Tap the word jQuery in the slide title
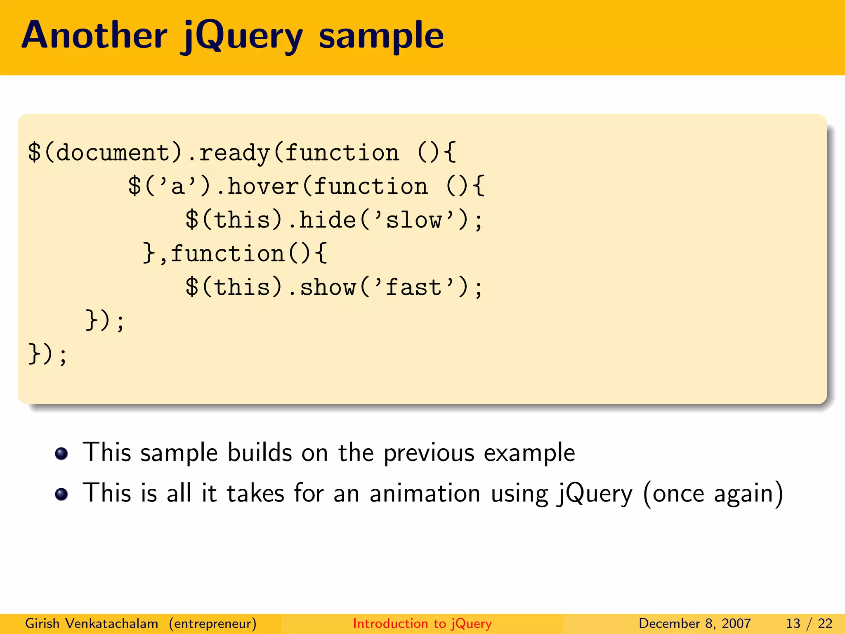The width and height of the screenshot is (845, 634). (242, 37)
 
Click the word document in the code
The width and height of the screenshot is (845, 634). (113, 152)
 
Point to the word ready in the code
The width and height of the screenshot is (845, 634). (234, 153)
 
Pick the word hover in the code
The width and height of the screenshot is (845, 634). (263, 186)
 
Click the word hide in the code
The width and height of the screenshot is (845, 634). (328, 220)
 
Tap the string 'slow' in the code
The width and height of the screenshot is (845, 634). (414, 220)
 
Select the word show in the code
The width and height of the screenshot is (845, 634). (328, 287)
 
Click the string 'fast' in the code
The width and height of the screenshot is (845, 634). (414, 287)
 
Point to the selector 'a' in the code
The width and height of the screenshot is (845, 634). (177, 186)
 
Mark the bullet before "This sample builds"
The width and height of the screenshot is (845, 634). (61, 454)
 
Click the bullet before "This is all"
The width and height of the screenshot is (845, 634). (61, 494)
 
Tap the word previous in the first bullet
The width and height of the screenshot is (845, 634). (429, 453)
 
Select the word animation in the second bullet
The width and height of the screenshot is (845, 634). (425, 493)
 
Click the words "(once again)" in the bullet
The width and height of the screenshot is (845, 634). (713, 494)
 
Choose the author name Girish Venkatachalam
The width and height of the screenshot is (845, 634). (92, 623)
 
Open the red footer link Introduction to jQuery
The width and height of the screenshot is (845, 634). (422, 623)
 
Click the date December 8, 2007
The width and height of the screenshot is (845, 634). (695, 623)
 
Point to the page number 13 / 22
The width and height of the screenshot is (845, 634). (809, 623)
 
